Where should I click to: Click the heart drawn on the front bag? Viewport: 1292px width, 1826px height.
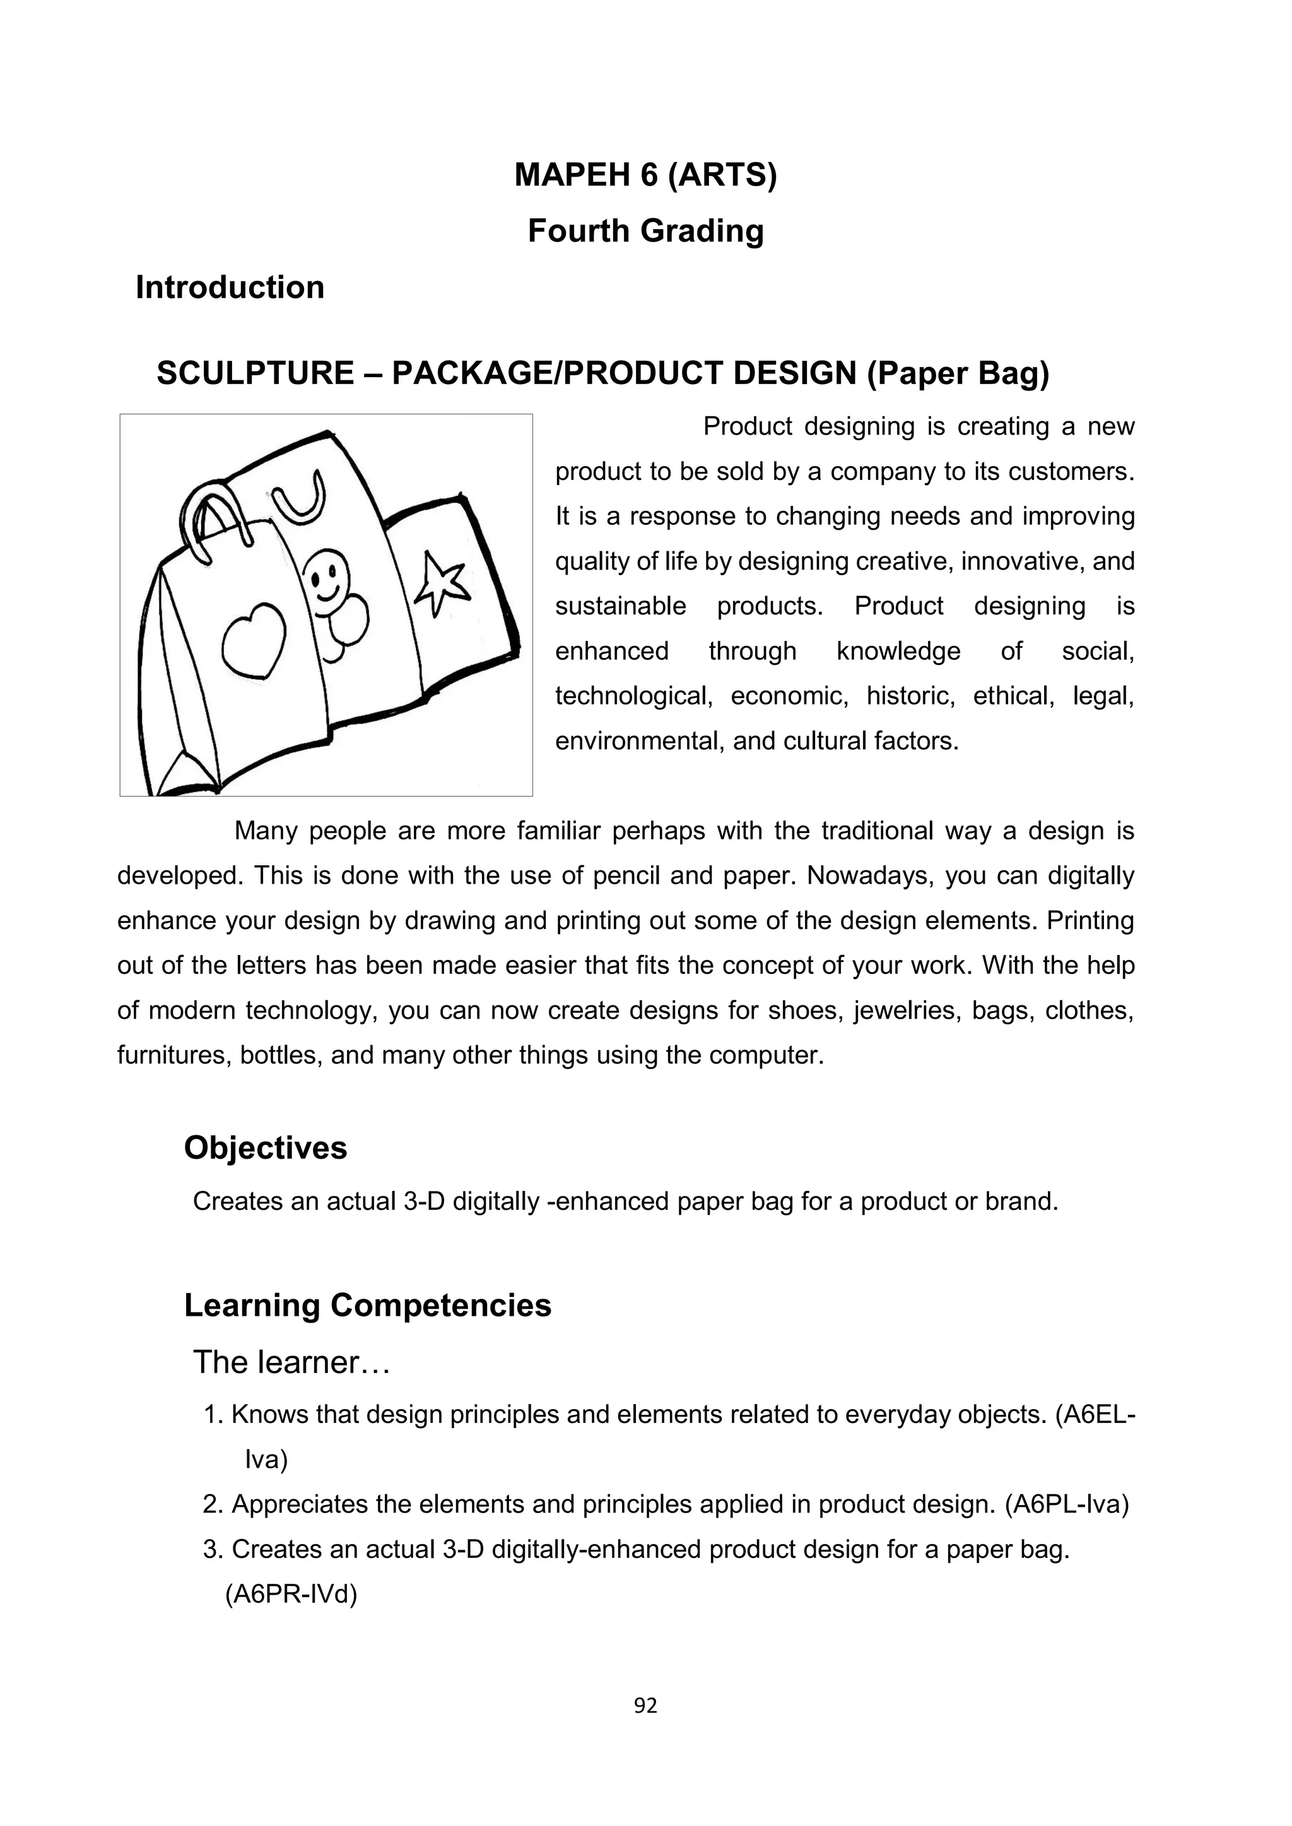pos(253,640)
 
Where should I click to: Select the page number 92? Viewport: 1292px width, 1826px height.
pos(645,1705)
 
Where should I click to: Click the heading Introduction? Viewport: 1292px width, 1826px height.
pos(230,287)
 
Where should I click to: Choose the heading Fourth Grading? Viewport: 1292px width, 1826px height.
pos(645,231)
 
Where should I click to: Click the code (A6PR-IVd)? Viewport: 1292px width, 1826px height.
pos(291,1595)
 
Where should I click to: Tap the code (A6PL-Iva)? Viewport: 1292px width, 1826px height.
pos(1067,1505)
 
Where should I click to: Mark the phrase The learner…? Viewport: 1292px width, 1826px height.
pos(291,1362)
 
